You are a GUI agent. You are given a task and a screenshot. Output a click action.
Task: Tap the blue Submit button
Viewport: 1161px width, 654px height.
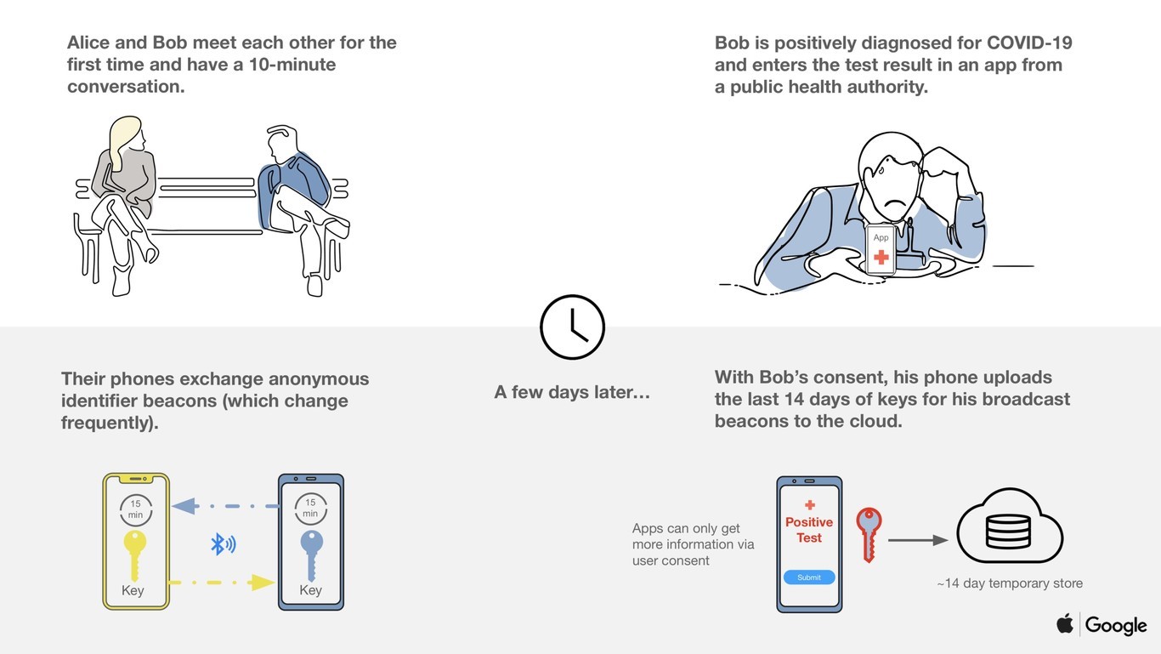click(x=809, y=577)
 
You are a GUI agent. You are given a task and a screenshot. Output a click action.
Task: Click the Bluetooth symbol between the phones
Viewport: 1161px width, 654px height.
click(x=224, y=544)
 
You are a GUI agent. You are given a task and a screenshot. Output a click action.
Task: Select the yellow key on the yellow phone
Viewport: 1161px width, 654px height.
click(x=135, y=555)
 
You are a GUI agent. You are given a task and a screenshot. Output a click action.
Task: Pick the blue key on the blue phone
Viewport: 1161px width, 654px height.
click(x=312, y=555)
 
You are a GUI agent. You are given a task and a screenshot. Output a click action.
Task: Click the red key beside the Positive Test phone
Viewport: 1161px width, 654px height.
click(x=869, y=534)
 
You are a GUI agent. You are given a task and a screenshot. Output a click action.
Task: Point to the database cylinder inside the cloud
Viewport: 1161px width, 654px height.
click(x=1008, y=531)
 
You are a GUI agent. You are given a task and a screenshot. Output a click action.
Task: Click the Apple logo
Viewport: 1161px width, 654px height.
click(x=1065, y=623)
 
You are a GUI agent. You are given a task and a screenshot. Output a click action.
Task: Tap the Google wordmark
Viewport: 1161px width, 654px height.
click(x=1116, y=625)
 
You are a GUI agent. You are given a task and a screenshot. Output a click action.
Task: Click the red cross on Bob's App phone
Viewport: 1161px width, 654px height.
click(x=881, y=257)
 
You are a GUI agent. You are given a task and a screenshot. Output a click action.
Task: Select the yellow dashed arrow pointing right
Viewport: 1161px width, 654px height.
click(x=222, y=583)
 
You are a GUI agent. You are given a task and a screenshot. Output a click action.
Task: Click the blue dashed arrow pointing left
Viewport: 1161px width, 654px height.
click(x=225, y=506)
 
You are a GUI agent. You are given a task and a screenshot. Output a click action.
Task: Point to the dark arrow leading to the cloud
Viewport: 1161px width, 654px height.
click(x=918, y=540)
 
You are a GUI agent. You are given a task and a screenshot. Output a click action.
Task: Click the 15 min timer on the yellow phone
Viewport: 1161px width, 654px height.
click(x=136, y=509)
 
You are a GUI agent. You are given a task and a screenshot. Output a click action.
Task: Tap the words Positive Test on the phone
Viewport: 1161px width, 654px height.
click(x=809, y=530)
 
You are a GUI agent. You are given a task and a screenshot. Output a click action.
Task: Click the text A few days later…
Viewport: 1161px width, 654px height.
click(x=572, y=392)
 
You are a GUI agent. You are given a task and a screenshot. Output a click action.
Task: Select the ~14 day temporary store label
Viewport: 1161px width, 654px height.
click(x=1010, y=583)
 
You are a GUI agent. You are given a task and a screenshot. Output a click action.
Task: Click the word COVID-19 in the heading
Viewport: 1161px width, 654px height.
click(x=1029, y=43)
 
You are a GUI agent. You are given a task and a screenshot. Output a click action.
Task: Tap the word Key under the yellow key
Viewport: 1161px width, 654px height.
click(x=133, y=590)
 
